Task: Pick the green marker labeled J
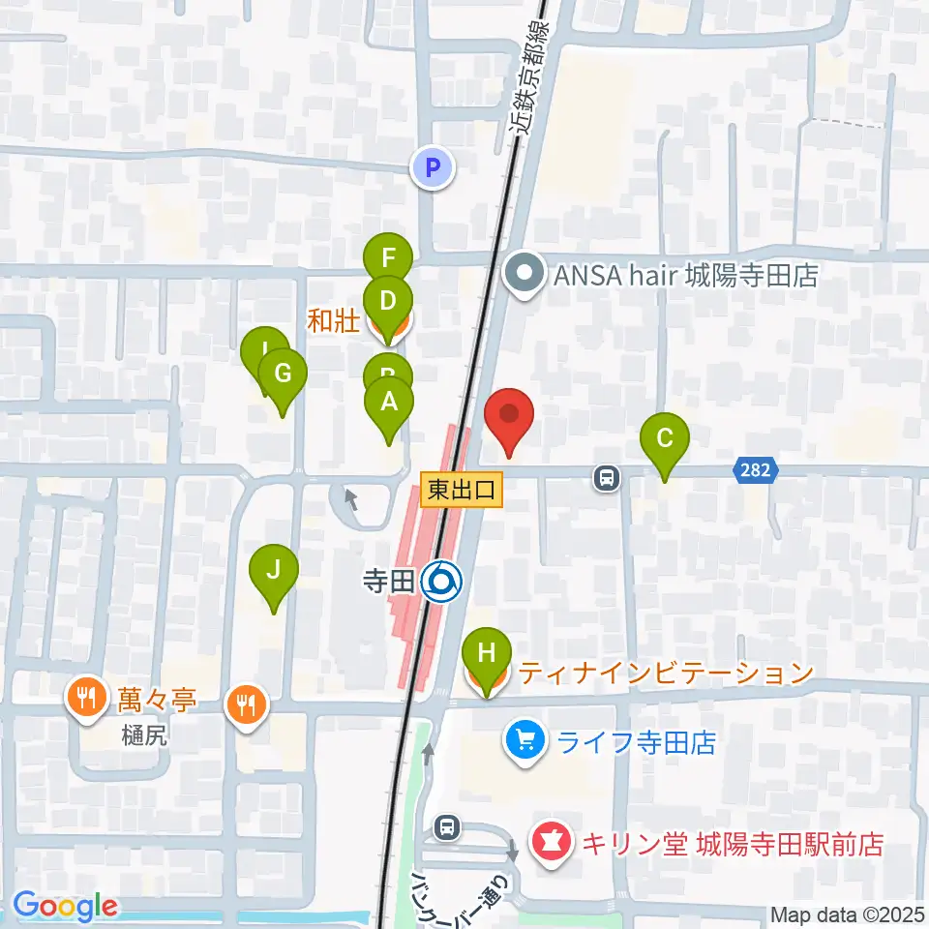[x=274, y=572]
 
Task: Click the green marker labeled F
[x=388, y=259]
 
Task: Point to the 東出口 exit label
[x=462, y=490]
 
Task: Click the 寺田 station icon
[x=445, y=581]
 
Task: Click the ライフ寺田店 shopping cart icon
[x=525, y=742]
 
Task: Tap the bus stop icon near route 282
[x=607, y=477]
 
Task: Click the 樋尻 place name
[x=145, y=734]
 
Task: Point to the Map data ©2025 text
[x=848, y=914]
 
